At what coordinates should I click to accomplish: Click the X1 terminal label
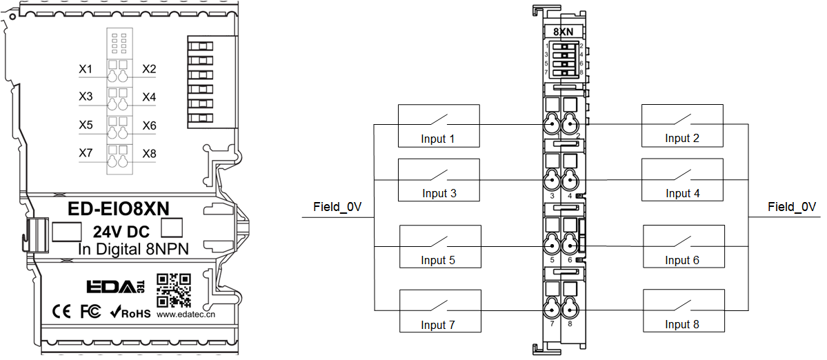tap(86, 69)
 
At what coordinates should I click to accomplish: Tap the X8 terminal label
tap(150, 153)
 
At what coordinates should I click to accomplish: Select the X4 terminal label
tap(150, 97)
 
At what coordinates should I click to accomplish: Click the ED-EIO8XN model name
tap(119, 209)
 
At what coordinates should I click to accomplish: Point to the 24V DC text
tap(121, 232)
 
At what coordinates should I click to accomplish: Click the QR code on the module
tap(174, 290)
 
